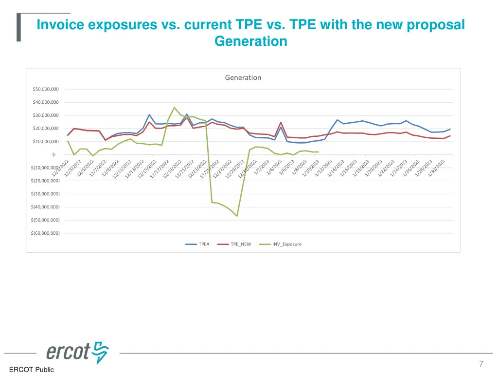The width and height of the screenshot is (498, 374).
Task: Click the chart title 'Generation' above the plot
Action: coord(243,77)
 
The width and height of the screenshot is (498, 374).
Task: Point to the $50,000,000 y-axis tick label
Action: coord(45,89)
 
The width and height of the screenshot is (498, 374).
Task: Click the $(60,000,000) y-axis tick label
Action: coord(45,233)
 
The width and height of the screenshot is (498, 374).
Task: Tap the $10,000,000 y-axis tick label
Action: coord(45,142)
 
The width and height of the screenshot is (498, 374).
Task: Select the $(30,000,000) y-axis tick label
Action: coord(45,194)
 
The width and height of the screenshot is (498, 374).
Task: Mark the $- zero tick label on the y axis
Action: coord(53,155)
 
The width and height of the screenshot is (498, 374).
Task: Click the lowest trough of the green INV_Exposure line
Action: coord(237,216)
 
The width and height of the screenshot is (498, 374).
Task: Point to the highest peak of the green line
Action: coord(174,108)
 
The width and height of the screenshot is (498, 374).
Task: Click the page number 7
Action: coord(481,364)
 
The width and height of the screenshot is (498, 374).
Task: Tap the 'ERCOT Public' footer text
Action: coord(32,370)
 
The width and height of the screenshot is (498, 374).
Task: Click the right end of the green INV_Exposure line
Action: coord(318,152)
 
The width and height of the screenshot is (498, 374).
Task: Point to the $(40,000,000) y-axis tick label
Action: coord(45,207)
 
